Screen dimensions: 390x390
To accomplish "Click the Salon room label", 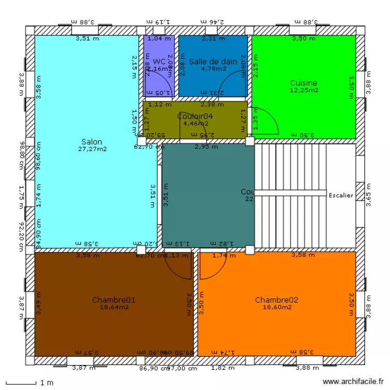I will click(x=92, y=141).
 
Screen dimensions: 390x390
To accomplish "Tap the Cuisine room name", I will click(x=304, y=83).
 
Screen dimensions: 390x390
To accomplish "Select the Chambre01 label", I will click(x=114, y=300).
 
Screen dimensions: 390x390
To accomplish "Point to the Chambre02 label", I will click(x=277, y=300).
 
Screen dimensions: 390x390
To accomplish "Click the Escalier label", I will click(x=341, y=196).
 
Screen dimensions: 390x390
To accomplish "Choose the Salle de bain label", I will click(x=213, y=61).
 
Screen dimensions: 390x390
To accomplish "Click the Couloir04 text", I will click(x=195, y=116).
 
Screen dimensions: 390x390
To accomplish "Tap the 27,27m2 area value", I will click(x=92, y=149).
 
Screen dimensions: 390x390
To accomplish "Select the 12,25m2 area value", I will click(x=304, y=90).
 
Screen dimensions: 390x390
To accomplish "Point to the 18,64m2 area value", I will click(x=114, y=307).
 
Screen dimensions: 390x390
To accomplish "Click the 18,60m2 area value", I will click(x=277, y=307).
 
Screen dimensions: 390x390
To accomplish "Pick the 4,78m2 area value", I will click(x=213, y=69).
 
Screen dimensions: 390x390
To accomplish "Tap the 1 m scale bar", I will click(x=21, y=383).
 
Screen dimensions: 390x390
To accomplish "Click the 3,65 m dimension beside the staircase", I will click(x=368, y=195).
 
